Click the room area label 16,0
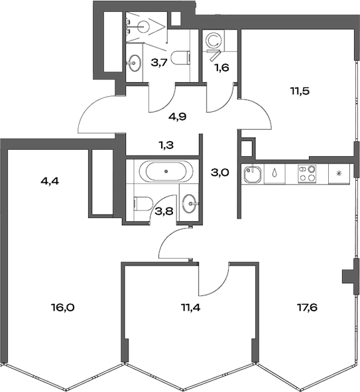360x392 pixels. click(x=62, y=307)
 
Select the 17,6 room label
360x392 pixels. click(x=300, y=307)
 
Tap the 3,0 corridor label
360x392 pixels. click(x=219, y=173)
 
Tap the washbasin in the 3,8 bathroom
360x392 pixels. click(x=189, y=203)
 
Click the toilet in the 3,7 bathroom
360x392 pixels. click(x=179, y=58)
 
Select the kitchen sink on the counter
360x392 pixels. click(x=252, y=175)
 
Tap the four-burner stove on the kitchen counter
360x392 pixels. click(x=306, y=174)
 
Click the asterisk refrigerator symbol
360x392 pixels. click(x=338, y=174)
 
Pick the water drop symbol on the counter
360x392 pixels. click(x=274, y=174)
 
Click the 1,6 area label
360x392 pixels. click(x=220, y=67)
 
